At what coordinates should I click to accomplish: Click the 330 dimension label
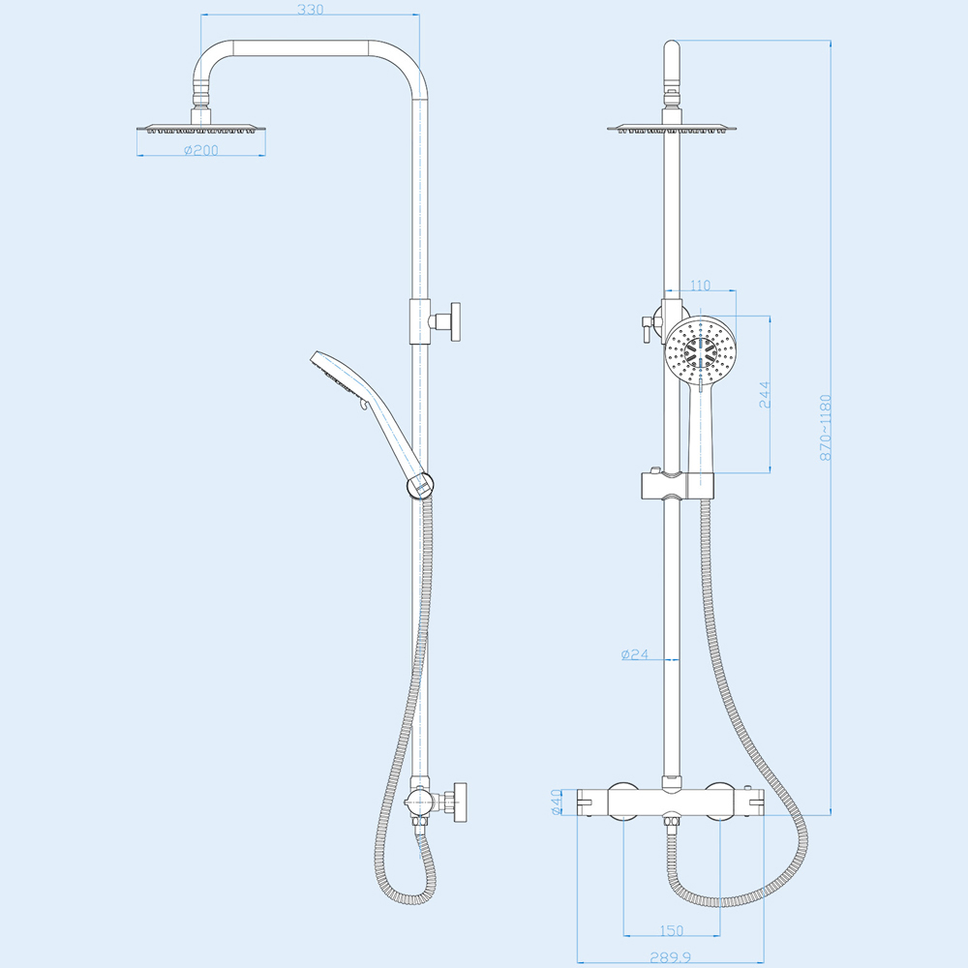310,10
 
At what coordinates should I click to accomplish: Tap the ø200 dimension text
201,150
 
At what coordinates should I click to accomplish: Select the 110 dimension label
700,286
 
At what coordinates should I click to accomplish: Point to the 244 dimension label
765,395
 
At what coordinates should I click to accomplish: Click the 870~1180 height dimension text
826,428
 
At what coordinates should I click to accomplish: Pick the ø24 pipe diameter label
635,654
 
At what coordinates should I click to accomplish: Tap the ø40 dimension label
557,802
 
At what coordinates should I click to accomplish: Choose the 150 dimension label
671,930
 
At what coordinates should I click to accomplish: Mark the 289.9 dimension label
671,957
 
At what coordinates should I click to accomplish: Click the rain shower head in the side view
201,129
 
